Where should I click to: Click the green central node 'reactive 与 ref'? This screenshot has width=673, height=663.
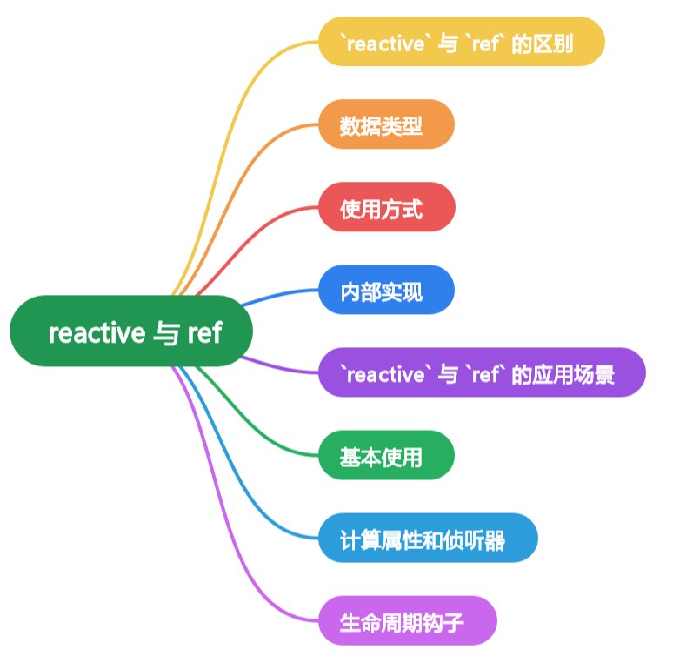point(130,331)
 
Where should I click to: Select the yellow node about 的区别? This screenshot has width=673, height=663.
point(461,42)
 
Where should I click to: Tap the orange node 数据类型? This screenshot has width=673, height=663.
point(386,124)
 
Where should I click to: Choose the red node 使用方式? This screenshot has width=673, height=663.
point(386,207)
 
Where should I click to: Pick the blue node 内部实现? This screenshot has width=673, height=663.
point(386,290)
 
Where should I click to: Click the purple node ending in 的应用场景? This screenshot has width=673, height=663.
point(482,373)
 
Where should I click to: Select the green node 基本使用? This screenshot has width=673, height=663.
point(386,455)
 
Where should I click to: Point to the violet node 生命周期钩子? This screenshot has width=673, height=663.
point(407,620)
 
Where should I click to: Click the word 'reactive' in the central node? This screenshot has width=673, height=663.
point(97,332)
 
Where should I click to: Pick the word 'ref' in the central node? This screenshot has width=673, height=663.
point(205,332)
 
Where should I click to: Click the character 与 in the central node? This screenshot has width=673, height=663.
point(166,332)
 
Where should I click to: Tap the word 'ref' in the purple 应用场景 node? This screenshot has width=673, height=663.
point(485,374)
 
